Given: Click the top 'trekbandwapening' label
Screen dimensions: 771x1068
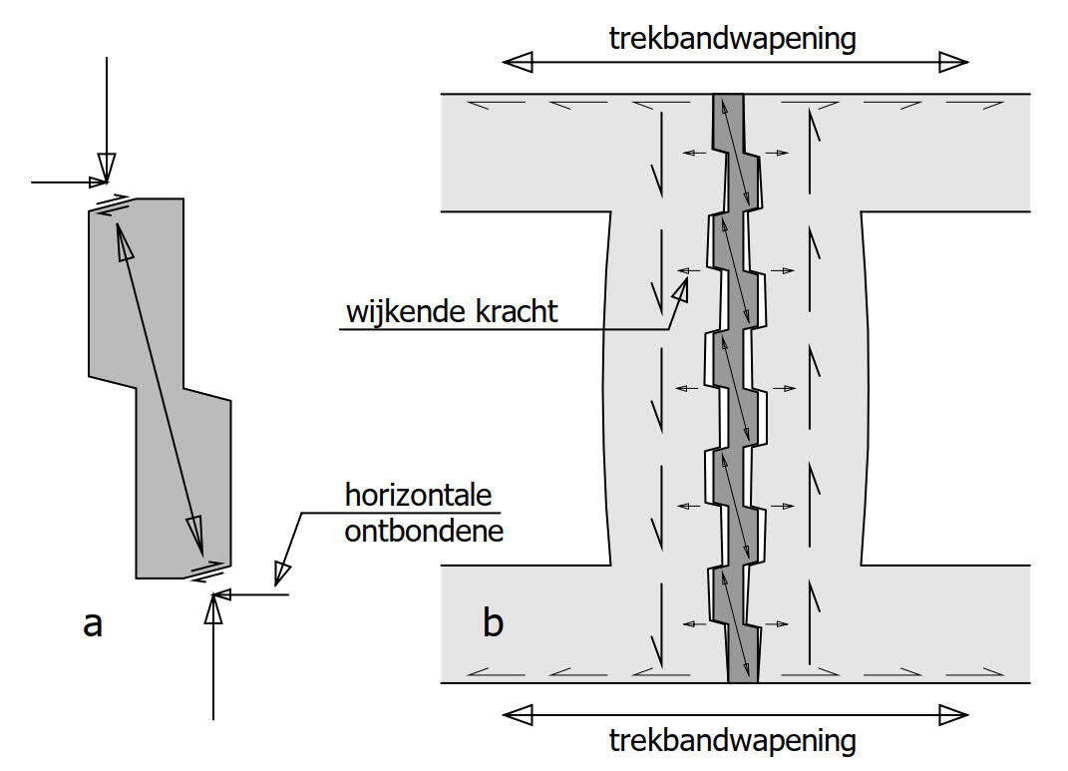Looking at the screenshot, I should click(733, 39).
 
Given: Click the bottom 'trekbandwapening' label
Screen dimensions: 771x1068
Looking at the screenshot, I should click(733, 741).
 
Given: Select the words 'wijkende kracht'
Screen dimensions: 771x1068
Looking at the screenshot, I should click(452, 310).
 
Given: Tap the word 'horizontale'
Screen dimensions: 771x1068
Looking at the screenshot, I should click(420, 495).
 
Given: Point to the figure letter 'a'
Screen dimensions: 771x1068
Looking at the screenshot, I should click(93, 623).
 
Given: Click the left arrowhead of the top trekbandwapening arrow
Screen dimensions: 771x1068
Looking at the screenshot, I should click(518, 63).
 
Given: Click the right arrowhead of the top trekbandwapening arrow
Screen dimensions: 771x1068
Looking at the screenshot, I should click(953, 63).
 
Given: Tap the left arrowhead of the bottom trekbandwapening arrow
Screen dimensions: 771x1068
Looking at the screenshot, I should click(518, 714).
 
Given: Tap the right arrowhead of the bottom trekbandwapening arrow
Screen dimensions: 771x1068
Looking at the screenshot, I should click(953, 714).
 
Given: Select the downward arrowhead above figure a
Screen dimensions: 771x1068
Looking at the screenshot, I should click(107, 165).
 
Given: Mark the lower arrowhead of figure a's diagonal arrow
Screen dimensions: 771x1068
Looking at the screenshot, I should click(196, 532).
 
